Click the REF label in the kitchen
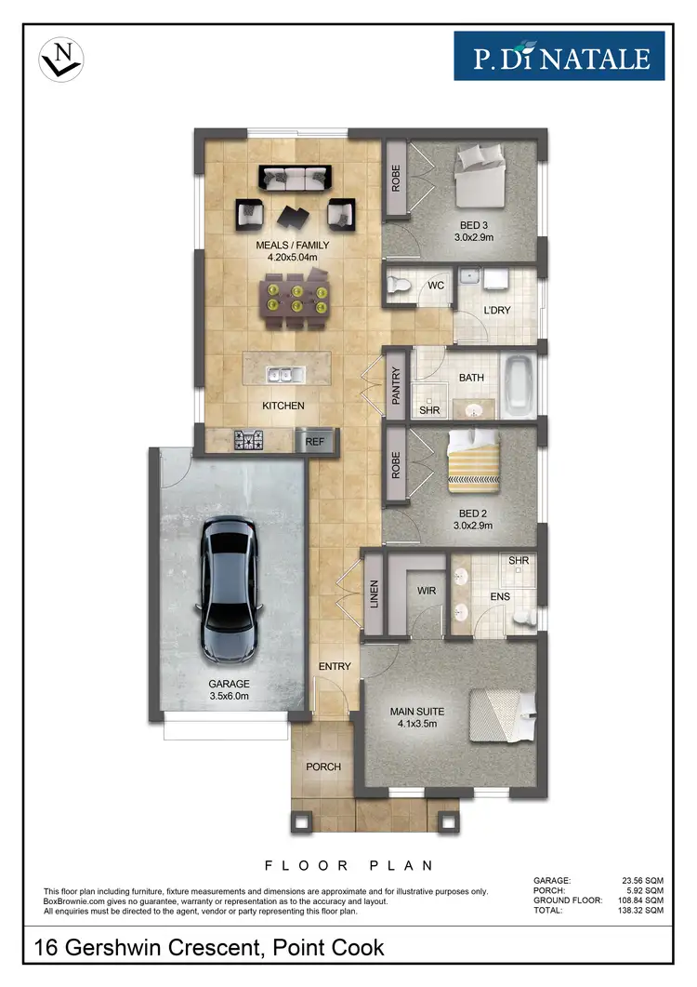pyautogui.click(x=315, y=442)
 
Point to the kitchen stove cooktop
pyautogui.click(x=250, y=440)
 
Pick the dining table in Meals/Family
pyautogui.click(x=296, y=298)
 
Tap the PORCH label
pyautogui.click(x=322, y=767)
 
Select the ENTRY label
pyautogui.click(x=335, y=667)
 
